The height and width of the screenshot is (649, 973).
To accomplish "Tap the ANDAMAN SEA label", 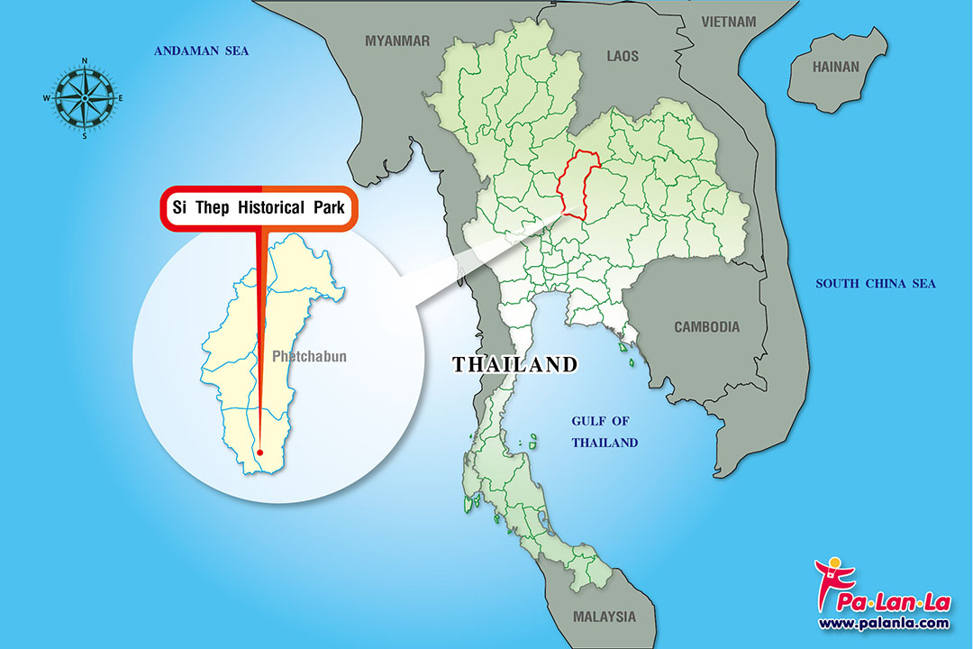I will pos(201,50).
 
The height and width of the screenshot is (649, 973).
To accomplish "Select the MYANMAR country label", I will pos(397,41).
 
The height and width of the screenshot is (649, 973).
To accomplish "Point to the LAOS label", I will pos(623,56).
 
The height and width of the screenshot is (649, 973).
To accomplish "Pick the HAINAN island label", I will pos(836,67).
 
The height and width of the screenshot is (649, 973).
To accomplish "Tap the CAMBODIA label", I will pos(706,327).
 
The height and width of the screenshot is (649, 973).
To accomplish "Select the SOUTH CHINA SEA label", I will pos(875,284).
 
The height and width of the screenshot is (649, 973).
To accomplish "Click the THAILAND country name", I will pos(514,365).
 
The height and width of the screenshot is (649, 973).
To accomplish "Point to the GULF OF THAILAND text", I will pos(605,432).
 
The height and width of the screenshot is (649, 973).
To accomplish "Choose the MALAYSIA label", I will pos(604,617).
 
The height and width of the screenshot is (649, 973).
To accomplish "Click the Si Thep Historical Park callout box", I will pos(259,207).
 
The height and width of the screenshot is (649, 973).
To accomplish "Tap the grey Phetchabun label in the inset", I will pos(309,357).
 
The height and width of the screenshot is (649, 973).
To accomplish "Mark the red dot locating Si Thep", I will pos(259,452).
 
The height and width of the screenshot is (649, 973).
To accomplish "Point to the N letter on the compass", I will pos(85,61).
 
